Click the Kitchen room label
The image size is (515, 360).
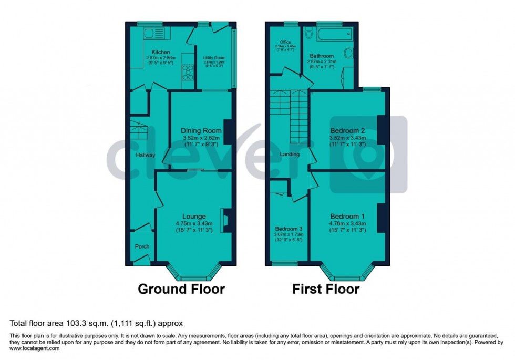pos(160,52)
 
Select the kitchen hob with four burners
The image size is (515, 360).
pos(188,70)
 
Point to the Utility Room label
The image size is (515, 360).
pos(214,58)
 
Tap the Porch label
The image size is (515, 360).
pos(142,246)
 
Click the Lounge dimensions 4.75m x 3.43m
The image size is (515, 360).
pos(194,223)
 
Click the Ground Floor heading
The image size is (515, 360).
pos(181,289)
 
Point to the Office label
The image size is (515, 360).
pos(285,42)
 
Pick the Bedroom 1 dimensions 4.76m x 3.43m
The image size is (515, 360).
pos(347,223)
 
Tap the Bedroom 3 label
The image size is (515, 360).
pos(289,229)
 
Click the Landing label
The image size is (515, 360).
pos(289,155)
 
